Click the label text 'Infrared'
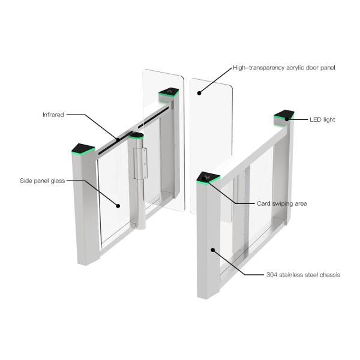pyautogui.click(x=53, y=114)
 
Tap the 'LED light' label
pyautogui.click(x=321, y=119)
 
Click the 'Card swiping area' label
pyautogui.click(x=281, y=204)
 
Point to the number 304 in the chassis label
pyautogui.click(x=272, y=275)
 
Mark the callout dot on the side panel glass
pyautogui.click(x=119, y=206)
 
